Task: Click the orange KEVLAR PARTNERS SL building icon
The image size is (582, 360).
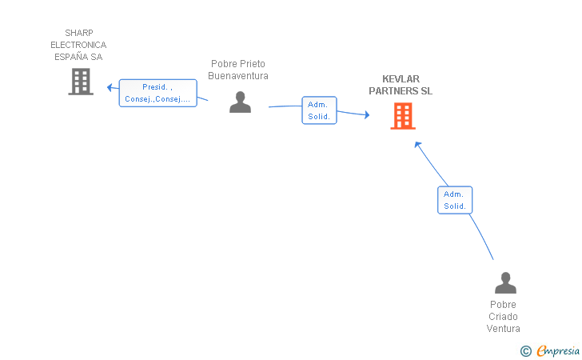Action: click(403, 116)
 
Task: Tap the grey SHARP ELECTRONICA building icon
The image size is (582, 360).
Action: click(81, 82)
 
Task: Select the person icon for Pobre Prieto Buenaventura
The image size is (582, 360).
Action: click(240, 102)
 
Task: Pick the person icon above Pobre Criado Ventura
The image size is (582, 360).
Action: click(505, 282)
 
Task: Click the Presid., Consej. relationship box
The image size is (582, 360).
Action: click(157, 93)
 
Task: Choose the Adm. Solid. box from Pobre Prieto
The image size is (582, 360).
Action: click(319, 110)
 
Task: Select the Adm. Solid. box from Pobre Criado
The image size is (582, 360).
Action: click(455, 200)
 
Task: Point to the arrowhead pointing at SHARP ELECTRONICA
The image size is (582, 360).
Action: click(110, 88)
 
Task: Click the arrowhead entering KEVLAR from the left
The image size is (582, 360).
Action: click(367, 114)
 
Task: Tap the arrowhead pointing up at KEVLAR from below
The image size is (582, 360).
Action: click(417, 145)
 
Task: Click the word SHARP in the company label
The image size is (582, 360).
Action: click(79, 33)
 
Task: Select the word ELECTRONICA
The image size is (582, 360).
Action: click(78, 45)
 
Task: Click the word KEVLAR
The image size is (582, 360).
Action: click(401, 79)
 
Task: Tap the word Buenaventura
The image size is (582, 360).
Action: click(238, 76)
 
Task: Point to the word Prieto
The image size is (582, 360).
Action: click(253, 64)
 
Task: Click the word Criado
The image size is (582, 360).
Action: click(503, 317)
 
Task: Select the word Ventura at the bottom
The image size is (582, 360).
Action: click(503, 329)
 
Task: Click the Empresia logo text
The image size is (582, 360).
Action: click(558, 350)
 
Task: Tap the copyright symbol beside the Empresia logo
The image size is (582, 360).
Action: click(525, 351)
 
